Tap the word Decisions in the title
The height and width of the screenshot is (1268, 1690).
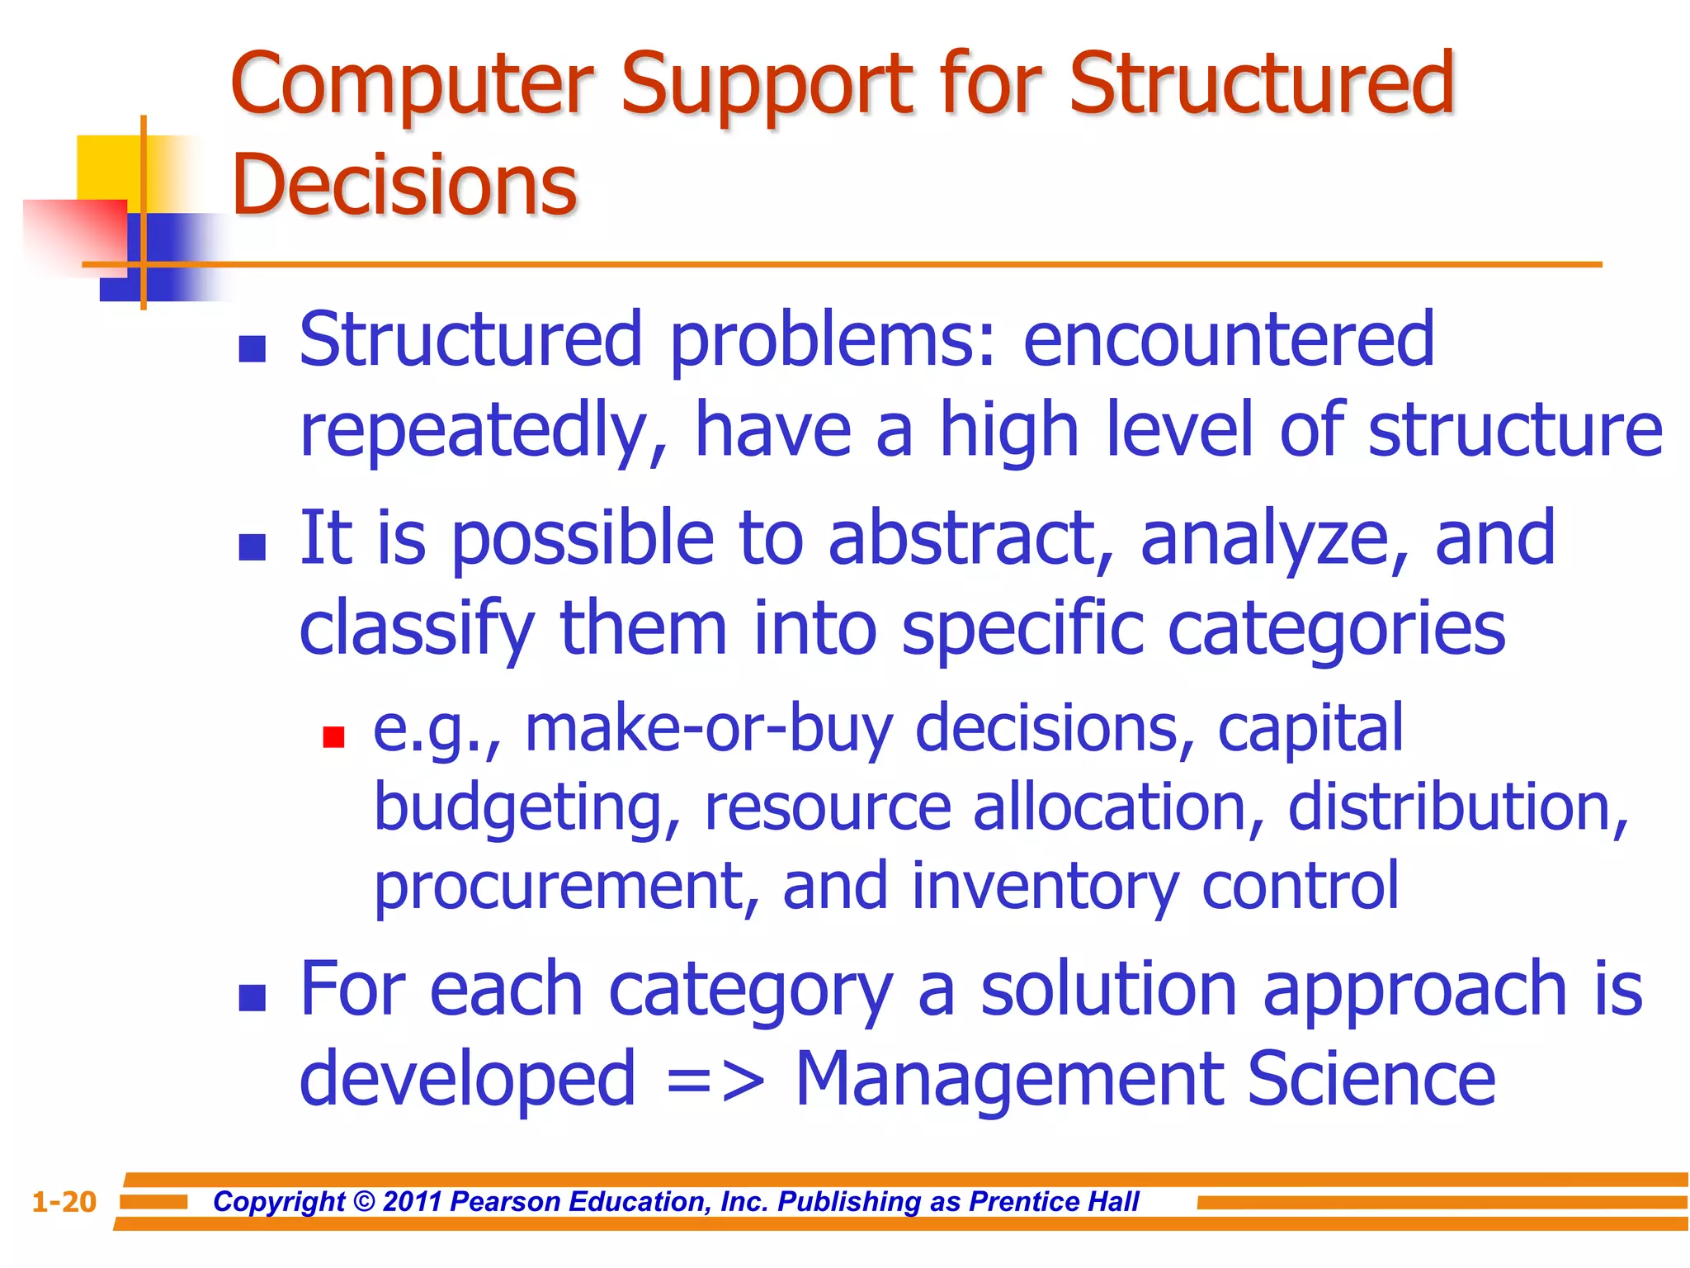[404, 185]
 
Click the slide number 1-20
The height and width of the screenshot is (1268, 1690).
[64, 1202]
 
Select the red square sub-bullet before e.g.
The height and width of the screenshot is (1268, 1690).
[333, 736]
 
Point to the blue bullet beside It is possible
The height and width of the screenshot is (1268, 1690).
[252, 546]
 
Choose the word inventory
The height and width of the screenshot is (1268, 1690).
[1045, 887]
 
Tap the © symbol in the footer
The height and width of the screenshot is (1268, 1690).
[364, 1202]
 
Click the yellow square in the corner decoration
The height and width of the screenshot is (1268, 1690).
[107, 165]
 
